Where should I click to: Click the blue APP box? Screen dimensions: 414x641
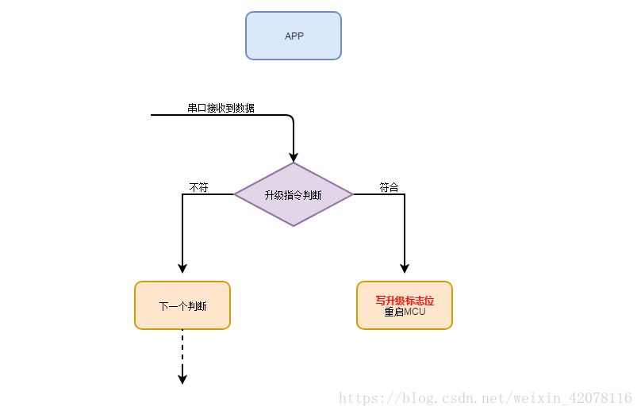coord(294,36)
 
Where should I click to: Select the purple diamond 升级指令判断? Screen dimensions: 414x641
coord(294,194)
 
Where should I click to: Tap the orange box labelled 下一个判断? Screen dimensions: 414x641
coord(182,305)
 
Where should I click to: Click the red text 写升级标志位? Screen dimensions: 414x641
coord(405,301)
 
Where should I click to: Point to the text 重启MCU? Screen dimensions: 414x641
coord(405,312)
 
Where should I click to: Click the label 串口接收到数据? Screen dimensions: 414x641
coord(221,108)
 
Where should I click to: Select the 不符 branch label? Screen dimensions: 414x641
coord(198,187)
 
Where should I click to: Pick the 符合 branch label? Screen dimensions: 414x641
coord(389,187)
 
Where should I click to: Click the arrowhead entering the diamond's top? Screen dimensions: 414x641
coord(294,157)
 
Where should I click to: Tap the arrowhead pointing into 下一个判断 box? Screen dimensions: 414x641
coord(182,268)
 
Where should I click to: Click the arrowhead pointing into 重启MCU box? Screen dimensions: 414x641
coord(405,268)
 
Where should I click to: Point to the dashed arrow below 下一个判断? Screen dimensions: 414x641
coord(182,349)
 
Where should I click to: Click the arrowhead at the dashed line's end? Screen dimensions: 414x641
coord(182,379)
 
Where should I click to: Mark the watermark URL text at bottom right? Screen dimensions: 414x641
coord(486,398)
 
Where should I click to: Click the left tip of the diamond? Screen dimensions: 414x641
coord(236,194)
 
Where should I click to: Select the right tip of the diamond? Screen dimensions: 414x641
coord(351,194)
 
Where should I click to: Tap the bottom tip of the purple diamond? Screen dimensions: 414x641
coord(294,225)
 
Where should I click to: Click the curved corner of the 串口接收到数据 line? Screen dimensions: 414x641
coord(291,117)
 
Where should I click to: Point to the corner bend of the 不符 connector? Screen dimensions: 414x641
coord(182,194)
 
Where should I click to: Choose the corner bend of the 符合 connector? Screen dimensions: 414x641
coord(405,194)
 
